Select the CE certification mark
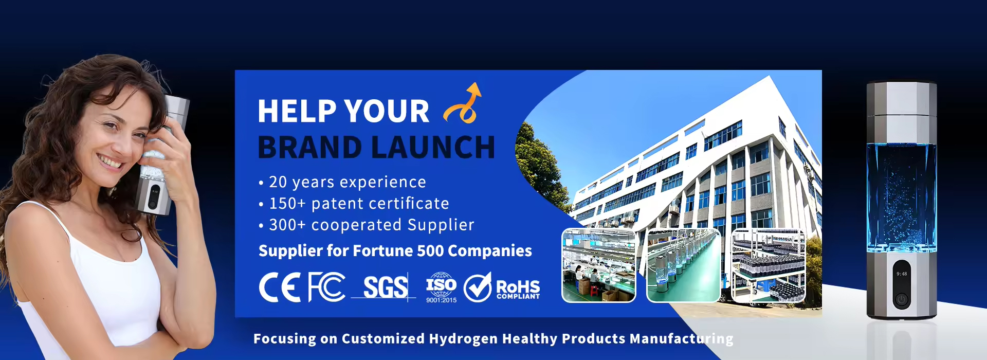pos(280,287)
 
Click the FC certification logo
pos(326,287)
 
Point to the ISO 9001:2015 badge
pos(441,287)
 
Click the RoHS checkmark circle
pos(478,287)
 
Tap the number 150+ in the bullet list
pos(288,204)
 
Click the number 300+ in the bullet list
pos(288,225)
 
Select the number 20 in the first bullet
pos(278,182)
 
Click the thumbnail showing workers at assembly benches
pos(599,265)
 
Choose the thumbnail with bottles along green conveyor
pos(683,265)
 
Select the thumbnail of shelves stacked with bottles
pos(768,265)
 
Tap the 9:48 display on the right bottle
pos(902,274)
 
